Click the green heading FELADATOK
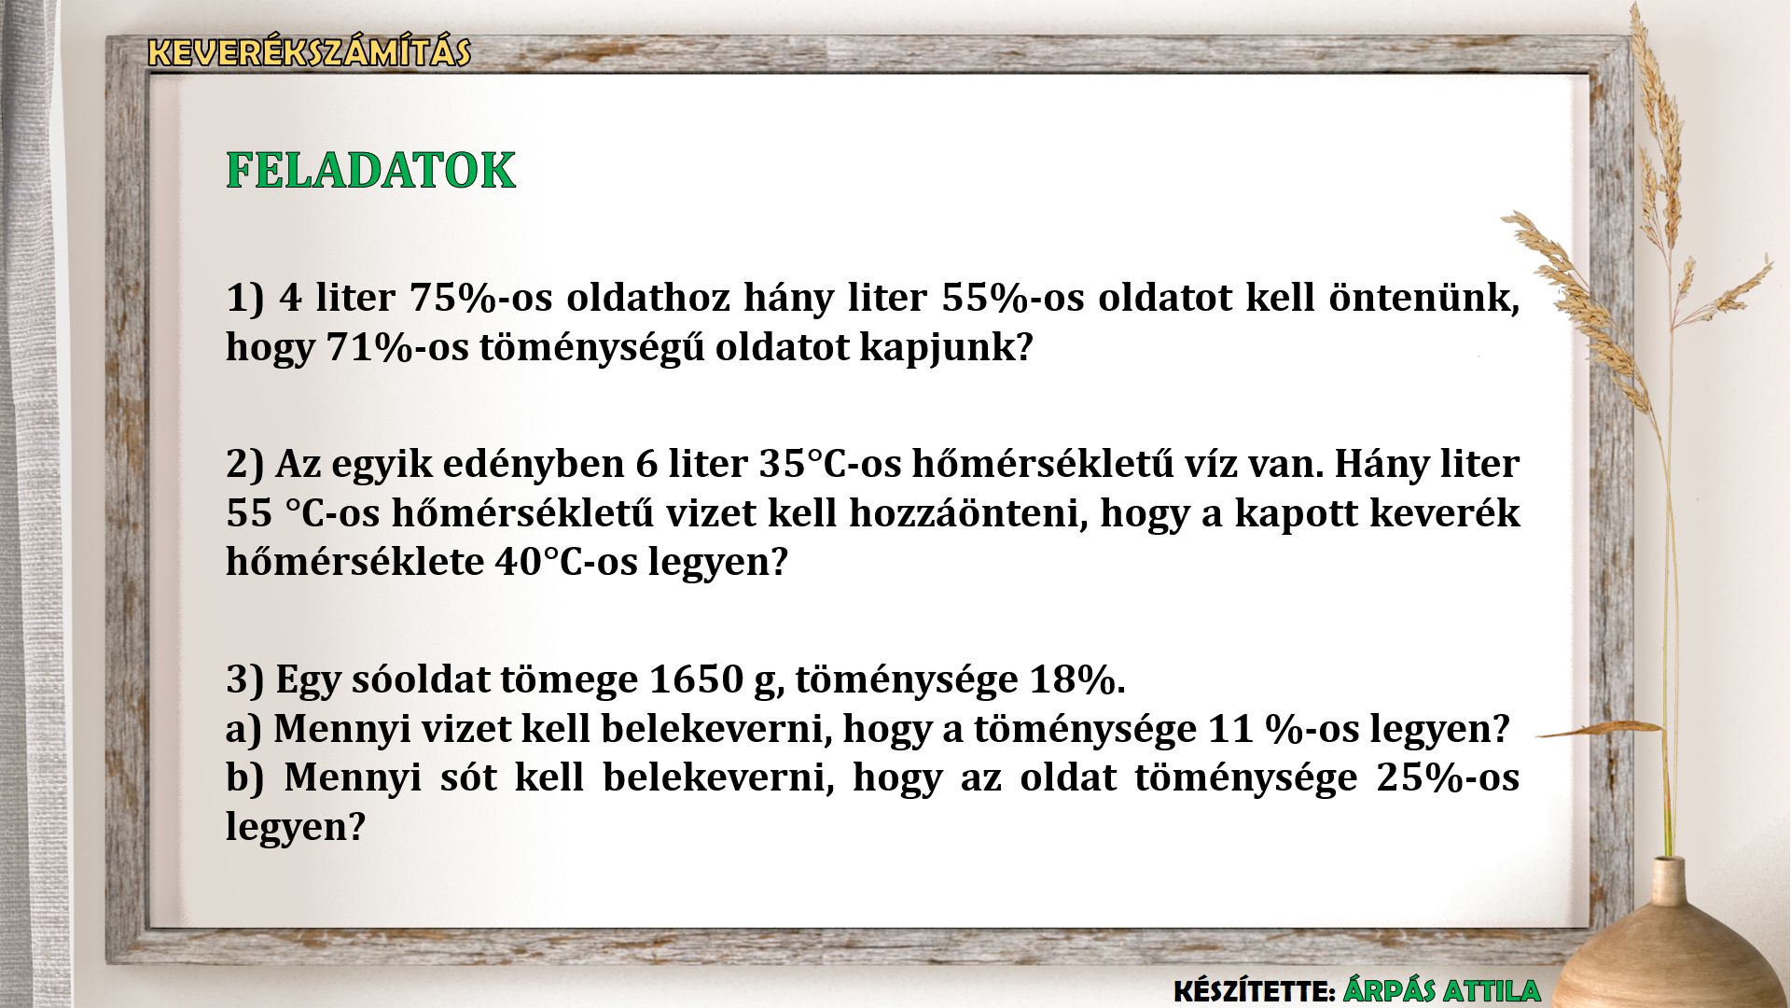click(x=371, y=171)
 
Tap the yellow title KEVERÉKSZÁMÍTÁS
click(x=310, y=52)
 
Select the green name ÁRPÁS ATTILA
click(x=1442, y=990)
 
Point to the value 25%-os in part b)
click(x=1448, y=777)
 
